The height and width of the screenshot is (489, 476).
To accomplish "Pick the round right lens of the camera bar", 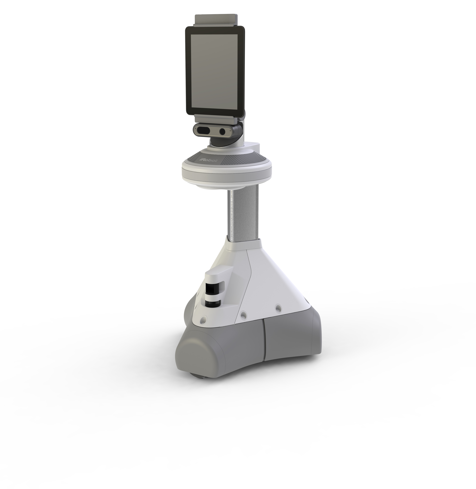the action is [222, 131].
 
